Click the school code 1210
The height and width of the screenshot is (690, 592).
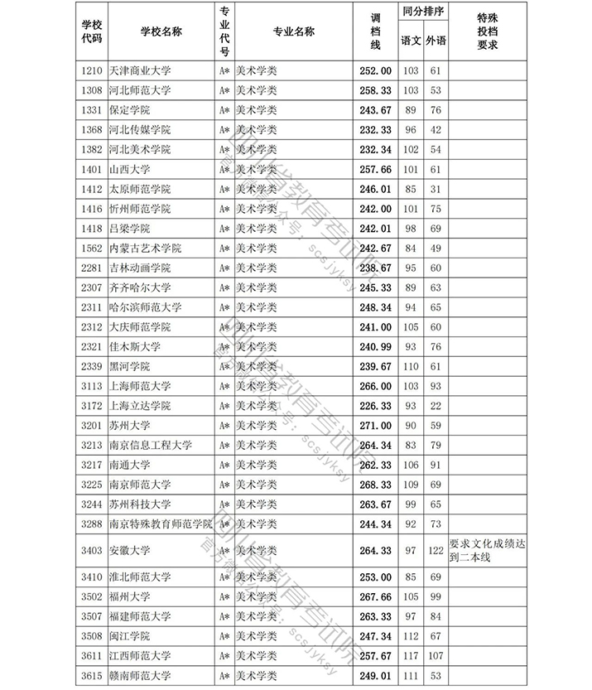pos(92,70)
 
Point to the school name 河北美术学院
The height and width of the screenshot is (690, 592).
pos(140,149)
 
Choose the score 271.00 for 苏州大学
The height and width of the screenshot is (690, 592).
pos(374,425)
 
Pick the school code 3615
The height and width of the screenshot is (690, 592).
pos(92,675)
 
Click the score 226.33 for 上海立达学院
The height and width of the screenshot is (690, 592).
pos(374,405)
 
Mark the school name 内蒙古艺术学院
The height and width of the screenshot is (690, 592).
pos(145,248)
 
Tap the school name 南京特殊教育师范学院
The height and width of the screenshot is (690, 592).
pos(160,524)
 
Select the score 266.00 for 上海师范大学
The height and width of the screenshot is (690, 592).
pos(374,385)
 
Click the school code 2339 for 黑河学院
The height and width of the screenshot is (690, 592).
pos(92,366)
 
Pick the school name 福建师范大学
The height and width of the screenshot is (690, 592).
pos(140,615)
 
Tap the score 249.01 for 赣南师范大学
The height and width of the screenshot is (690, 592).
pos(374,675)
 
